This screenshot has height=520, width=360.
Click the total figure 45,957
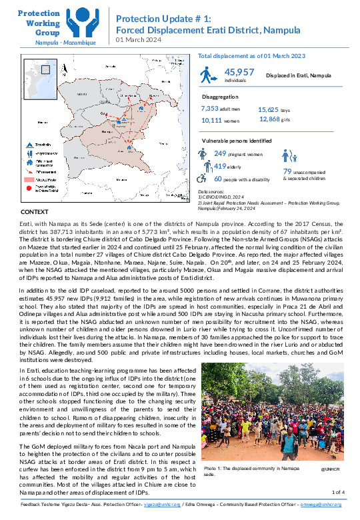(239, 72)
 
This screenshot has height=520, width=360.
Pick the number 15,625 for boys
(269, 108)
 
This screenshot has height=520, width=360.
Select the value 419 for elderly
(221, 165)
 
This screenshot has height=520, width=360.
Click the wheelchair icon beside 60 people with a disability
(203, 179)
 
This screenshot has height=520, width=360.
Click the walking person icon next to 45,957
(208, 74)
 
